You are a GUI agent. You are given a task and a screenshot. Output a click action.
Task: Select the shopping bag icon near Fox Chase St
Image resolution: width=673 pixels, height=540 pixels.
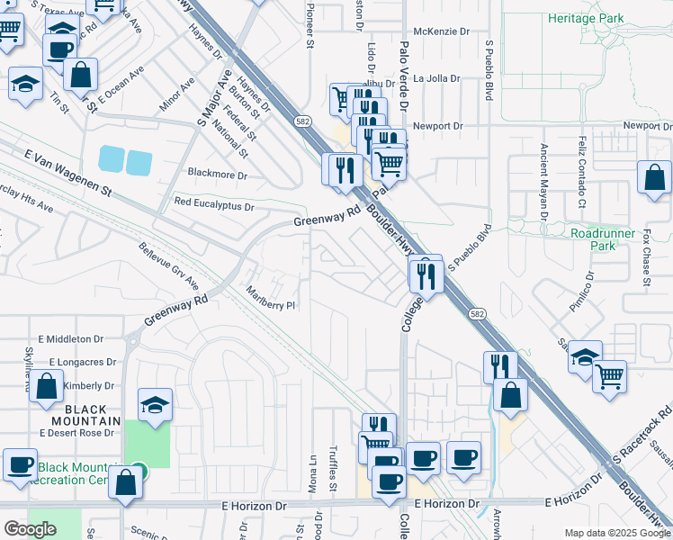[654, 179]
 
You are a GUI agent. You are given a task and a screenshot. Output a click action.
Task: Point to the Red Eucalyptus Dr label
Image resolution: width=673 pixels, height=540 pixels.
[214, 206]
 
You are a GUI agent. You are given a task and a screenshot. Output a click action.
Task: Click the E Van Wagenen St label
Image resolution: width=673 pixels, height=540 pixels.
[68, 175]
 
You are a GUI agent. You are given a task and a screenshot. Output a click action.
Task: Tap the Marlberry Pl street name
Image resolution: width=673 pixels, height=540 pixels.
[271, 299]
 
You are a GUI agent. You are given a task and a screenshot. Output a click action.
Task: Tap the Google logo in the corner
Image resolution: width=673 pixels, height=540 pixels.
[30, 529]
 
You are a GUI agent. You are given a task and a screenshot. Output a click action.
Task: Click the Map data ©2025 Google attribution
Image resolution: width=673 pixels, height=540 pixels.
[616, 533]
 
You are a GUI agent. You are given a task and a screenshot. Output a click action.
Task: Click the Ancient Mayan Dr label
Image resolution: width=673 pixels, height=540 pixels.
[543, 181]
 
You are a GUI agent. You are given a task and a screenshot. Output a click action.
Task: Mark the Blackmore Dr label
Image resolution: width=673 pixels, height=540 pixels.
[217, 173]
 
